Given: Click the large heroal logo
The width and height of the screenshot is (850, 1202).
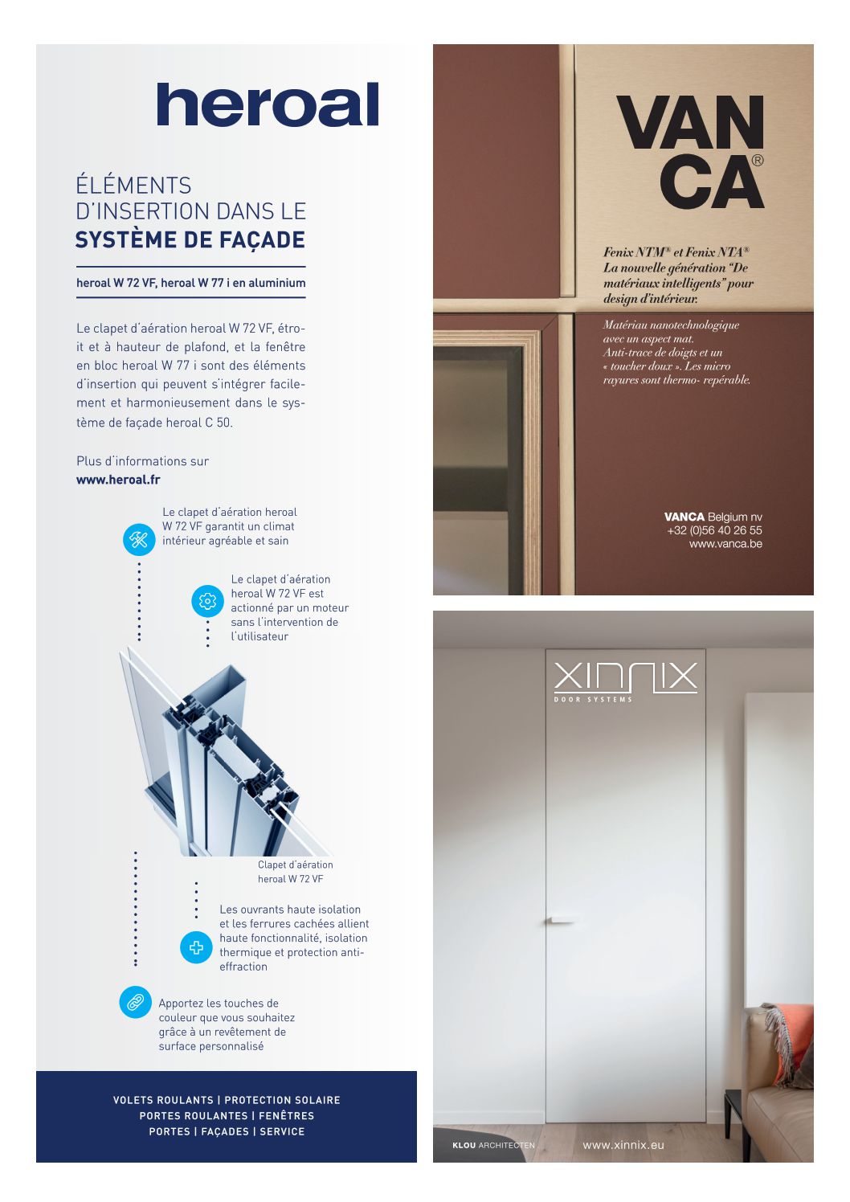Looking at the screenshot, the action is [x=268, y=104].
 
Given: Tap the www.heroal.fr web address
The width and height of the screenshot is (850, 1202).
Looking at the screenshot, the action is [x=118, y=479].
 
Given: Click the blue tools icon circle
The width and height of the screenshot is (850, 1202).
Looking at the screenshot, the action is [x=139, y=539].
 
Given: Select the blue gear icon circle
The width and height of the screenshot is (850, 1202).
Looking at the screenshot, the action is [x=207, y=601].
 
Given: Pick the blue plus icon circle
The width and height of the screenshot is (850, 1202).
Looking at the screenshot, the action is [x=196, y=947].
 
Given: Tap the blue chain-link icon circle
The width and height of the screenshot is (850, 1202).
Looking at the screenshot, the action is [x=135, y=1002].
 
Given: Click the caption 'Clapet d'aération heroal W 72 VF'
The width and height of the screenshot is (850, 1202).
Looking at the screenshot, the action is [x=295, y=872].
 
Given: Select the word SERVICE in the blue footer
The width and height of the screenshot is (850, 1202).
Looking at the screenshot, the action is [x=282, y=1131].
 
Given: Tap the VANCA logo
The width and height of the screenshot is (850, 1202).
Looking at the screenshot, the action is [x=690, y=151].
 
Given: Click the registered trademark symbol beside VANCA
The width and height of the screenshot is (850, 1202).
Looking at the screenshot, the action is [x=757, y=161].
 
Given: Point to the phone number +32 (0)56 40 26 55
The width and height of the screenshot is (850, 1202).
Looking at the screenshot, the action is [x=714, y=530].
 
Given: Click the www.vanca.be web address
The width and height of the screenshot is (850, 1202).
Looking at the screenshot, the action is [x=725, y=544].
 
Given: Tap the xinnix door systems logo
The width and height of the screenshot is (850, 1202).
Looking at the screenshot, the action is [x=626, y=681].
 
